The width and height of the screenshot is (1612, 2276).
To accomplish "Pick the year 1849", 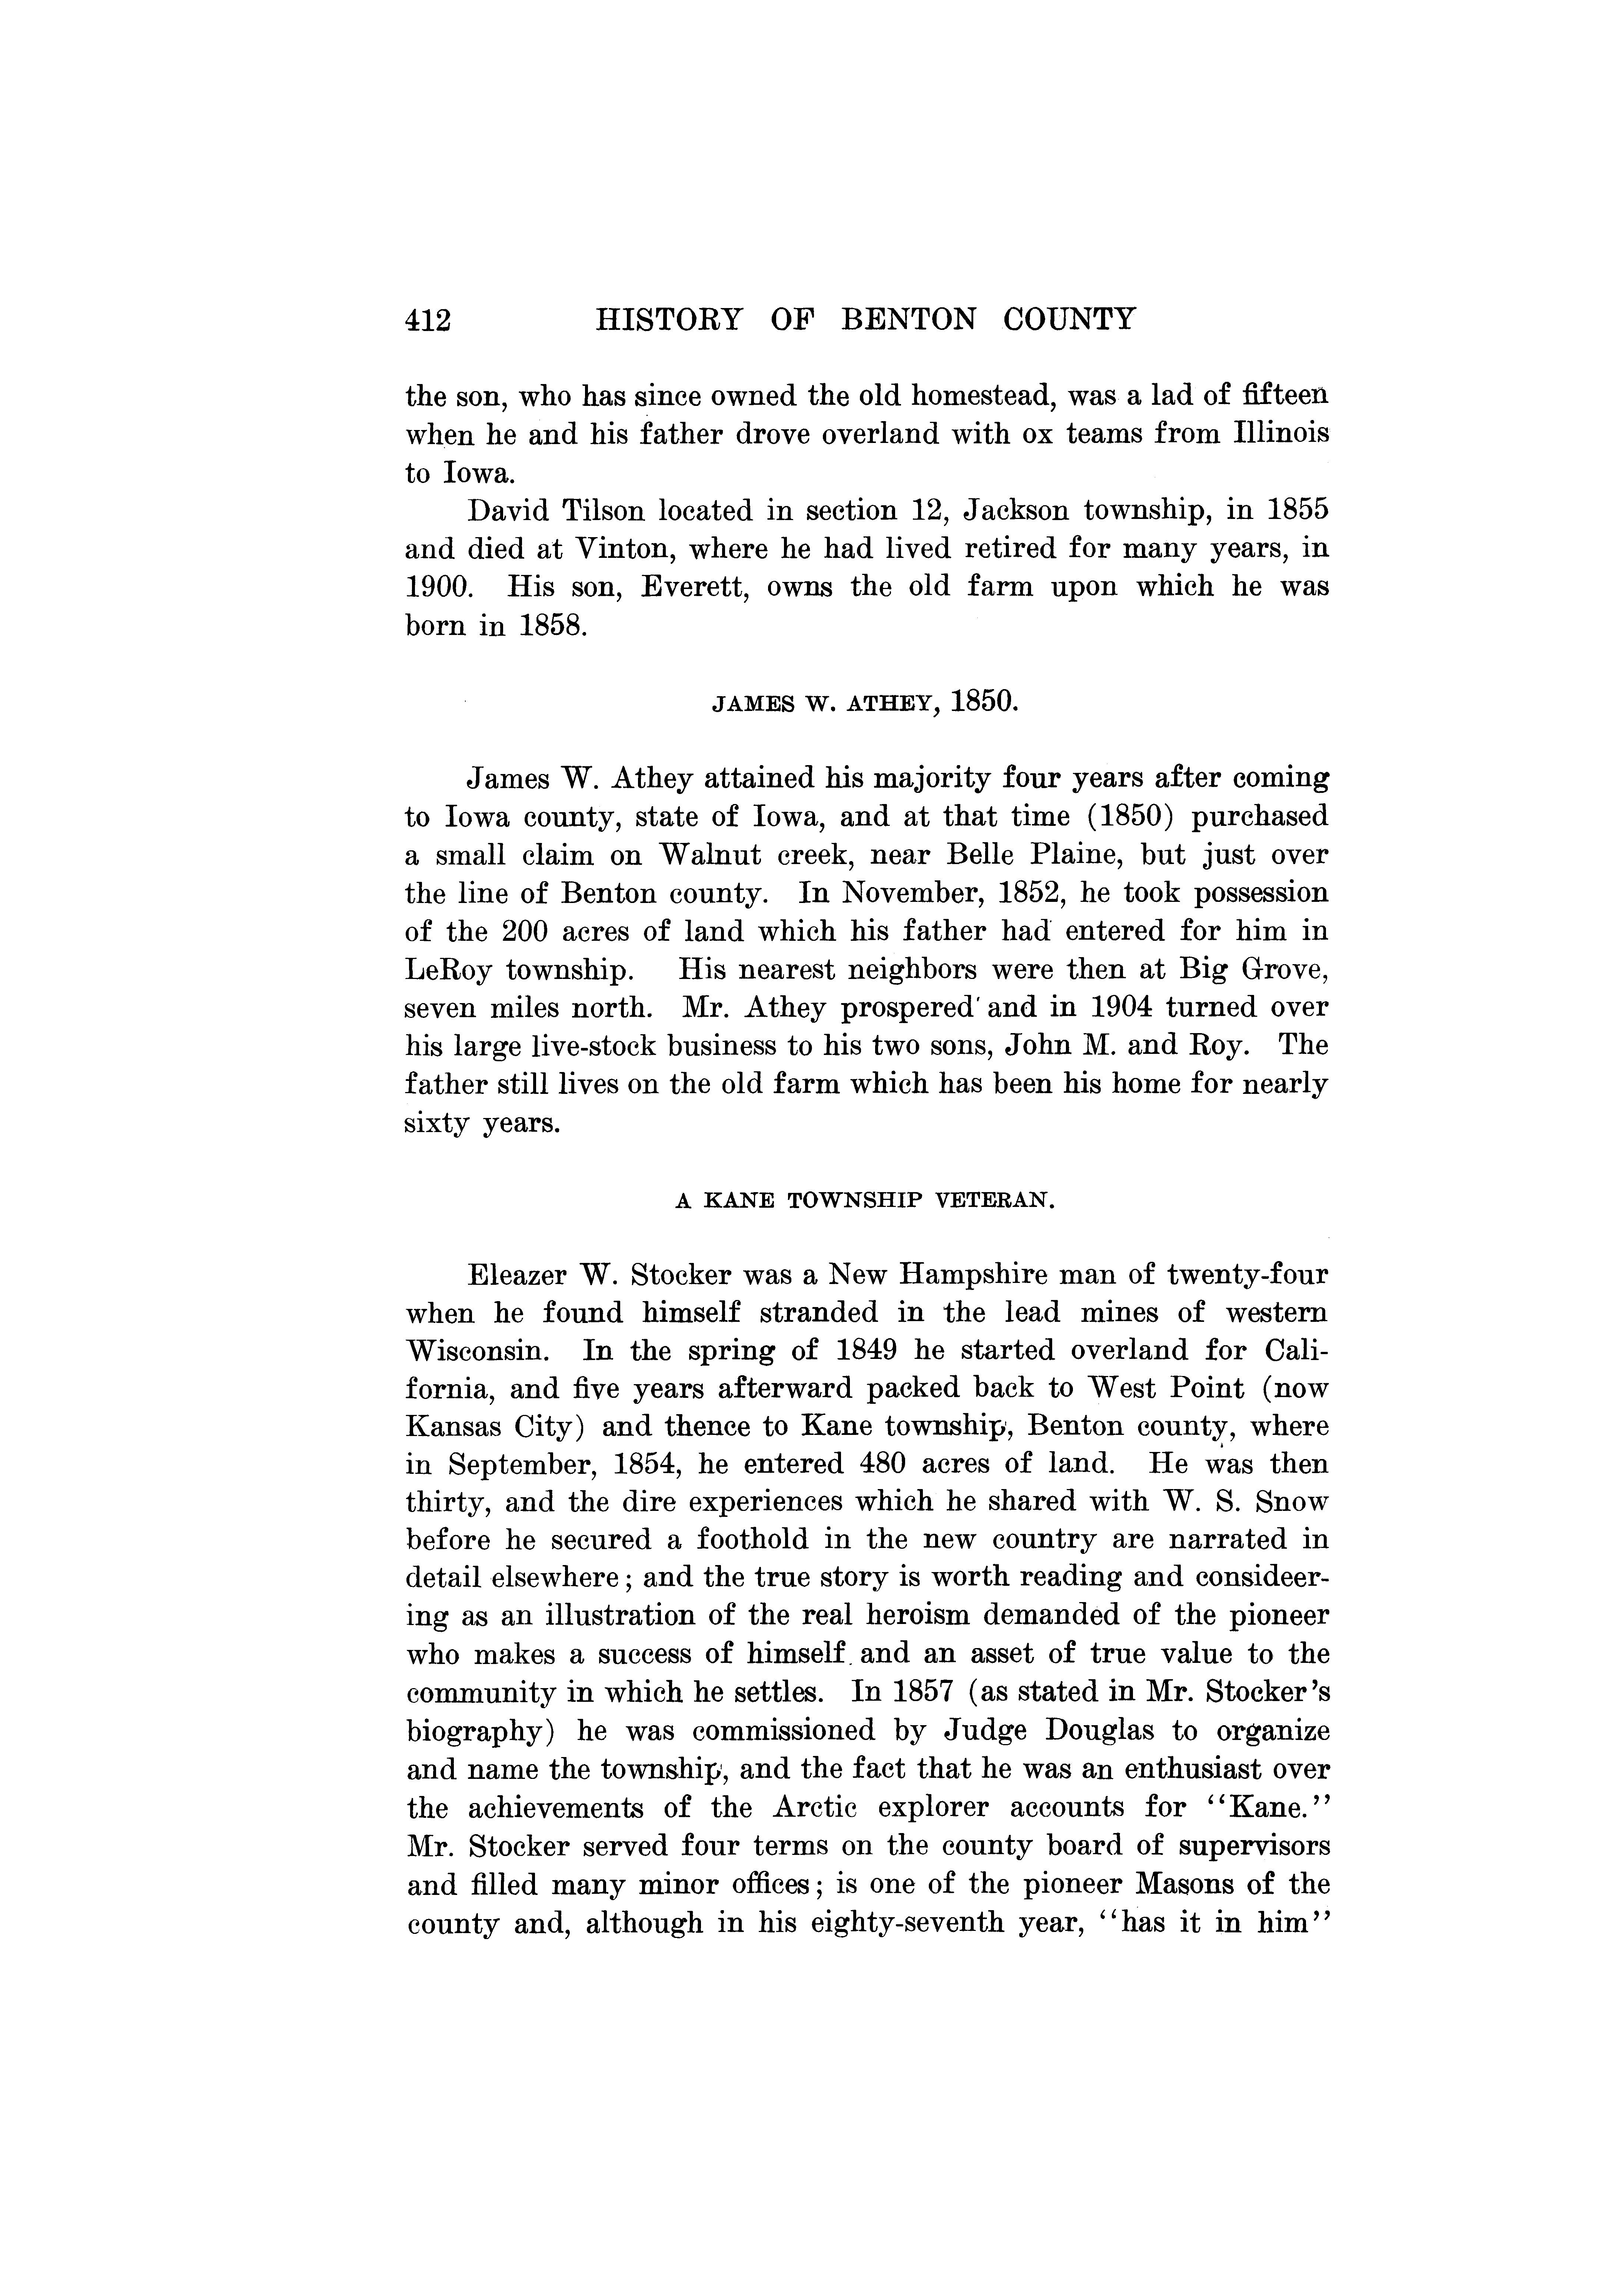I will tap(871, 1350).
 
